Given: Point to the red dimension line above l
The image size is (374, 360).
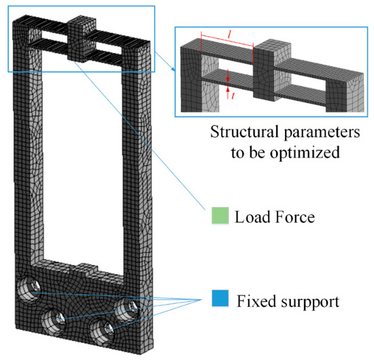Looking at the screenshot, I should (228, 39).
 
